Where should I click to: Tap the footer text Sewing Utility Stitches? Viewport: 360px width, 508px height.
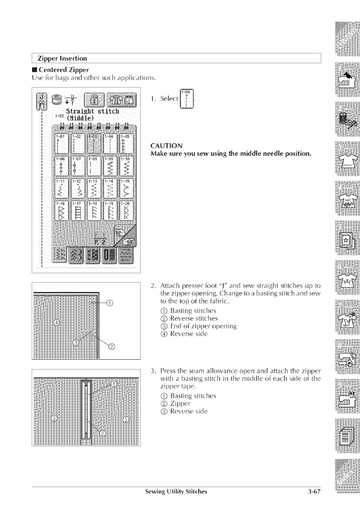click(x=176, y=492)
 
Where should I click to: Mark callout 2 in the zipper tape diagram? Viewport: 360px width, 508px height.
click(x=103, y=433)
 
